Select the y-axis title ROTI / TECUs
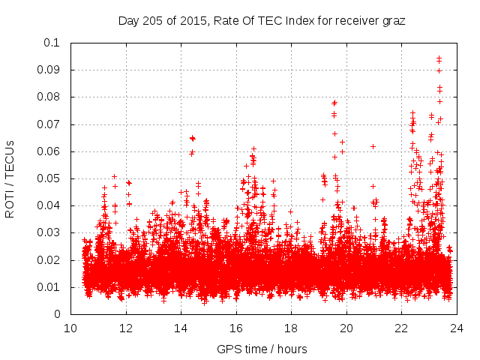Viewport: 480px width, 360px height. pos(10,178)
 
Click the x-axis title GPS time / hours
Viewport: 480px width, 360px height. pos(262,349)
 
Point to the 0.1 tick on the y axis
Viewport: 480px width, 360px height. pos(53,43)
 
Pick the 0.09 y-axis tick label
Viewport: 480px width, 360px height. pos(50,70)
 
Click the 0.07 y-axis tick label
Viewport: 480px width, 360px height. pos(50,124)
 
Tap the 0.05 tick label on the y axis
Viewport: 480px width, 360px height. pos(50,178)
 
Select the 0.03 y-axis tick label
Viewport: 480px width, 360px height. pos(50,233)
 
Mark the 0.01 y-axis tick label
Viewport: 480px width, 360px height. pos(50,287)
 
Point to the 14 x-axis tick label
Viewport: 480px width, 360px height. pos(181,328)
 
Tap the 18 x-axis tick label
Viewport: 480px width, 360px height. pos(292,328)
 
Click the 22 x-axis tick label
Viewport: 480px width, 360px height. pos(402,328)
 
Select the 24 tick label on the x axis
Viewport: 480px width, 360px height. pos(457,328)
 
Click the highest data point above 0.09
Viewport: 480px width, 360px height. pos(439,58)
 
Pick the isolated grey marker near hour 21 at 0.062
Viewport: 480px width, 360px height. pos(373,146)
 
